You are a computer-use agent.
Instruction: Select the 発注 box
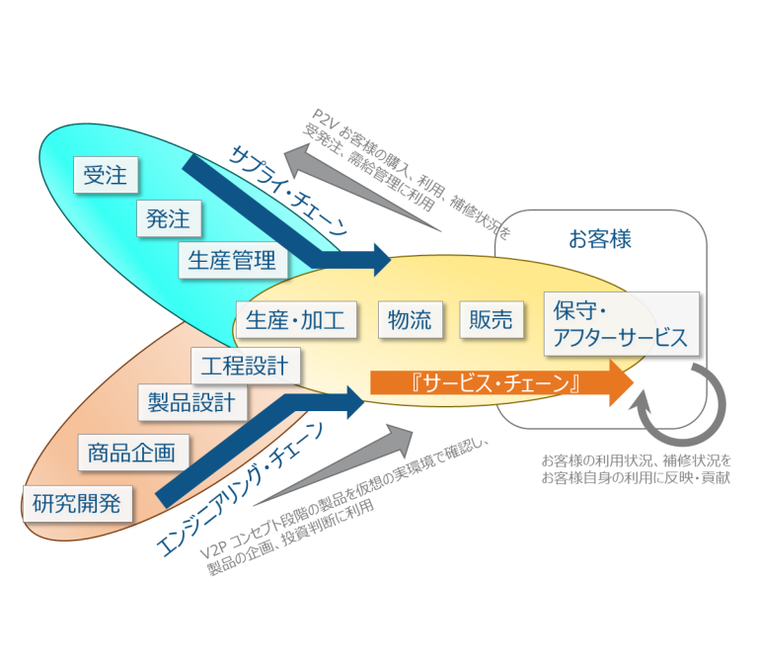tap(167, 217)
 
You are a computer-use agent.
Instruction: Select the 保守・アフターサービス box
tap(621, 323)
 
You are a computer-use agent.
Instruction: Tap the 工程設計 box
tap(246, 367)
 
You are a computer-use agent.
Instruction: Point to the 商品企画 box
tap(131, 454)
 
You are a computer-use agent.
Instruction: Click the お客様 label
tap(600, 239)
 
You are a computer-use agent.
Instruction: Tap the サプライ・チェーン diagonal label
tap(287, 187)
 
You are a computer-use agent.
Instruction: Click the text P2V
tap(324, 116)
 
